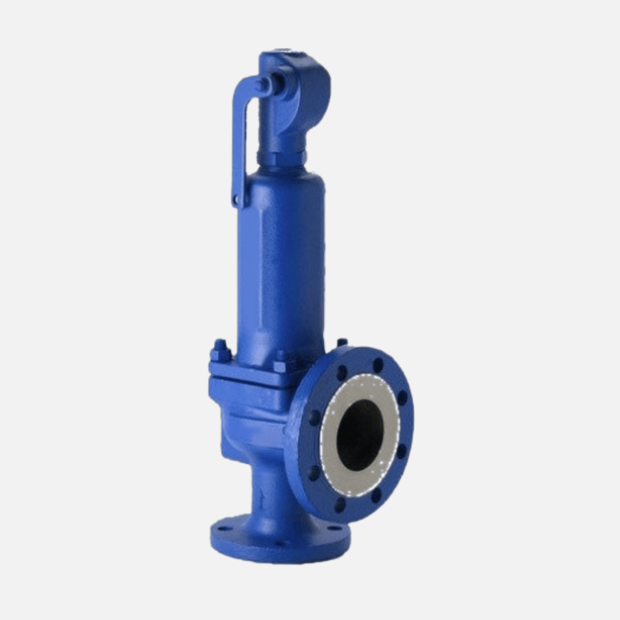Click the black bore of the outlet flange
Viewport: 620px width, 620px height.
pyautogui.click(x=359, y=435)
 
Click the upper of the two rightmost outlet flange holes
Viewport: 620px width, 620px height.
pyautogui.click(x=402, y=397)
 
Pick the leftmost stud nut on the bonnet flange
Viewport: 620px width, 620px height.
pyautogui.click(x=220, y=351)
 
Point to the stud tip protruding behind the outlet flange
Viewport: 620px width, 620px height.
pyautogui.click(x=342, y=343)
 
